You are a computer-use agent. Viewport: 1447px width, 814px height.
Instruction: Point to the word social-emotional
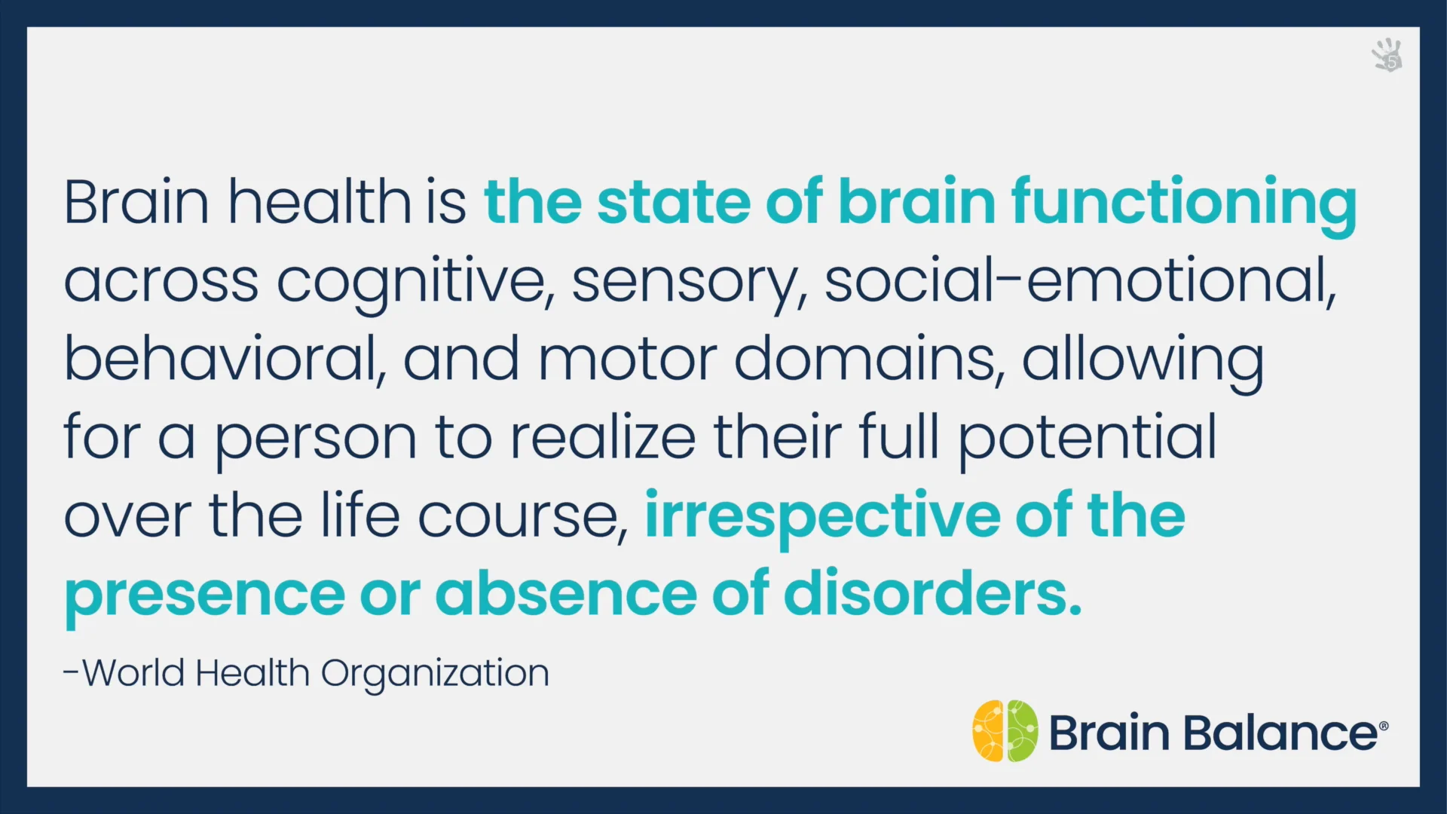(x=1081, y=280)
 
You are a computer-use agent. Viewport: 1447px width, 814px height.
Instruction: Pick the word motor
(x=627, y=360)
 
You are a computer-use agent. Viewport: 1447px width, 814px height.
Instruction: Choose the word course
(x=522, y=518)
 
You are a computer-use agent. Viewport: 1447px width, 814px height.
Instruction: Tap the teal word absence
(x=566, y=595)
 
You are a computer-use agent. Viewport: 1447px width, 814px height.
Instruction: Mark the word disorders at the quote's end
(x=933, y=594)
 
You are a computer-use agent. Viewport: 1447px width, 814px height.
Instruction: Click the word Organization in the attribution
(x=435, y=675)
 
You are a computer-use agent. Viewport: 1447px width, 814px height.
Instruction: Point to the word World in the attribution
(x=133, y=673)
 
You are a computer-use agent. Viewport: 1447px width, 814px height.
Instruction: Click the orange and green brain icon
(x=1005, y=730)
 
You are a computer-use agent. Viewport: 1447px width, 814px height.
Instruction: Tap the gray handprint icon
(x=1387, y=55)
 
